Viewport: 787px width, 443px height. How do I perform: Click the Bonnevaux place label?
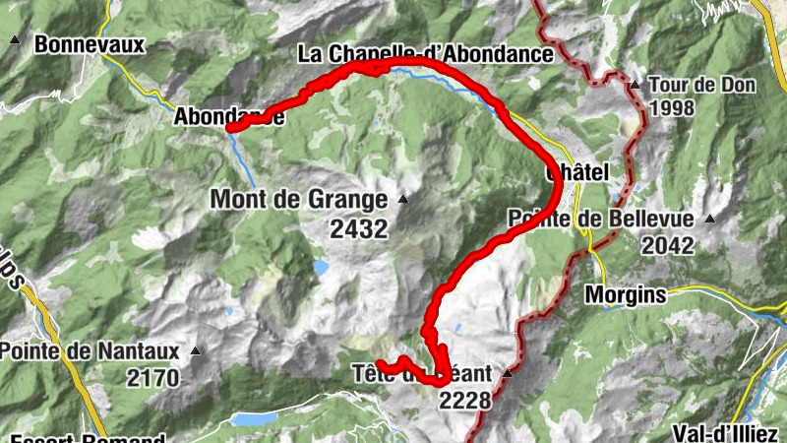click(90, 44)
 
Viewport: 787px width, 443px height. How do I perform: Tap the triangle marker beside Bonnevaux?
click(15, 40)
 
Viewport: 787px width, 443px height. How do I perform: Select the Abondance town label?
click(228, 116)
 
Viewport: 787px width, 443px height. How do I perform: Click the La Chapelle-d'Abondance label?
click(425, 54)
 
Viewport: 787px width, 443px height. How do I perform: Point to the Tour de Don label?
click(702, 85)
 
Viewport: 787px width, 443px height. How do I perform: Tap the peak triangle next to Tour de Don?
click(636, 84)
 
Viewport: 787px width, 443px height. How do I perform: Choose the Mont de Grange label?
click(299, 200)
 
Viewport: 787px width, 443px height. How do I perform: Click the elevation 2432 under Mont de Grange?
click(359, 228)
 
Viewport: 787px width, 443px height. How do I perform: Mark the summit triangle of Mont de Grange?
click(402, 199)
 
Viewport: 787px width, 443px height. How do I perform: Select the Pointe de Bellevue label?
click(601, 220)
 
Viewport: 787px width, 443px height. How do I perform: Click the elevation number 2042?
click(666, 245)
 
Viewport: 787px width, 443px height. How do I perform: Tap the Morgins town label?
click(626, 293)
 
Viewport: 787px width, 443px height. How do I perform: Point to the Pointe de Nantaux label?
click(90, 350)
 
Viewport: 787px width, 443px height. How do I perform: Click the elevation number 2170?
click(153, 377)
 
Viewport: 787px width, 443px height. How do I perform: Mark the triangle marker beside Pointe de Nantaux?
click(195, 349)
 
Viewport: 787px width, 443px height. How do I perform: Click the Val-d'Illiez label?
click(724, 432)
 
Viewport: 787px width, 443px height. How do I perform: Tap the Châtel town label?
click(578, 171)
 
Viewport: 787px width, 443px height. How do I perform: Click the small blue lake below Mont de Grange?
click(321, 267)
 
